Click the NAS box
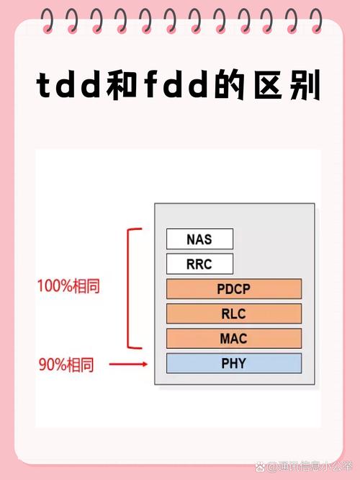tap(199, 239)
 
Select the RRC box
tap(199, 264)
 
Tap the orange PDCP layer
tap(233, 289)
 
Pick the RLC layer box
tap(233, 314)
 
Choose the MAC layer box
tap(233, 338)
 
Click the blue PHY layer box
tap(233, 363)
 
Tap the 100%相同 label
tap(68, 285)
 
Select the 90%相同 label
tap(66, 365)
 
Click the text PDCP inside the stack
tap(233, 289)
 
